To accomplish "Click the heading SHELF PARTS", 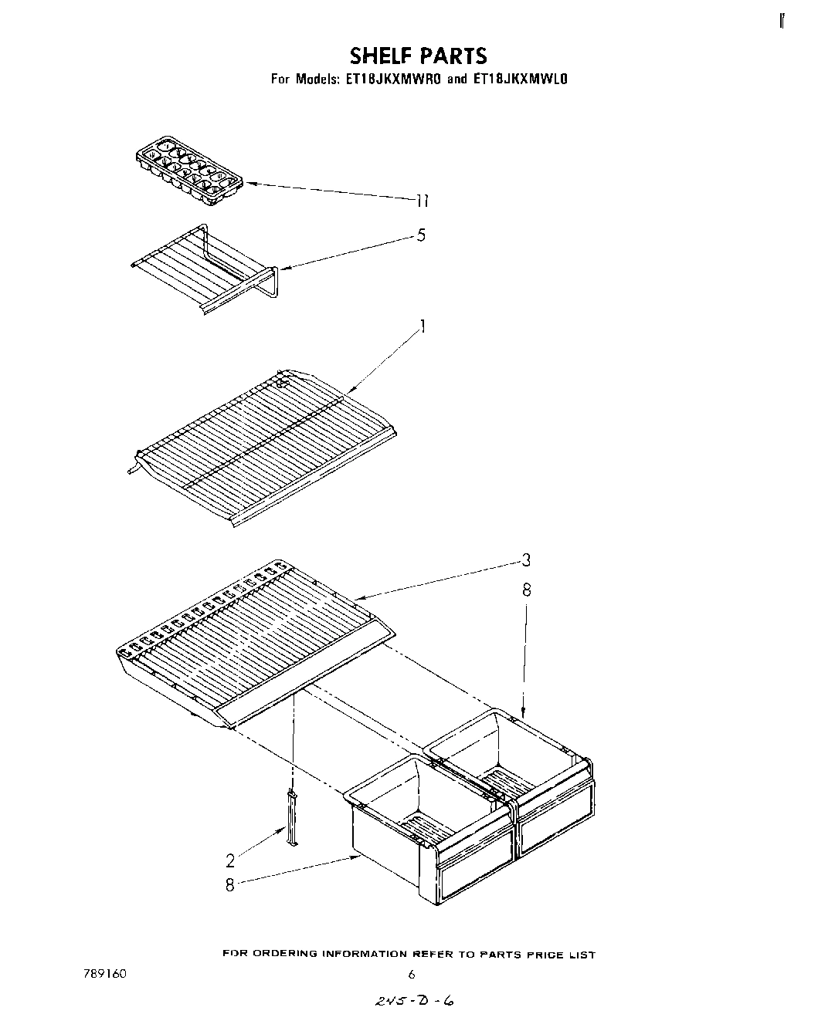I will coord(418,56).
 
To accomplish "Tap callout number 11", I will coord(421,201).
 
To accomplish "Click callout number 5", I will coord(421,235).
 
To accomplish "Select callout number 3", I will coord(525,561).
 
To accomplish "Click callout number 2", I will coord(230,860).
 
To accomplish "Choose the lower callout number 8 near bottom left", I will coord(229,885).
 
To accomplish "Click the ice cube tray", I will coord(188,171).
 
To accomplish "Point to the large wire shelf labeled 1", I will coord(263,448).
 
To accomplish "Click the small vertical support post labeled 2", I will coord(293,817).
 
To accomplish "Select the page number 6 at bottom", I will coord(412,975).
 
